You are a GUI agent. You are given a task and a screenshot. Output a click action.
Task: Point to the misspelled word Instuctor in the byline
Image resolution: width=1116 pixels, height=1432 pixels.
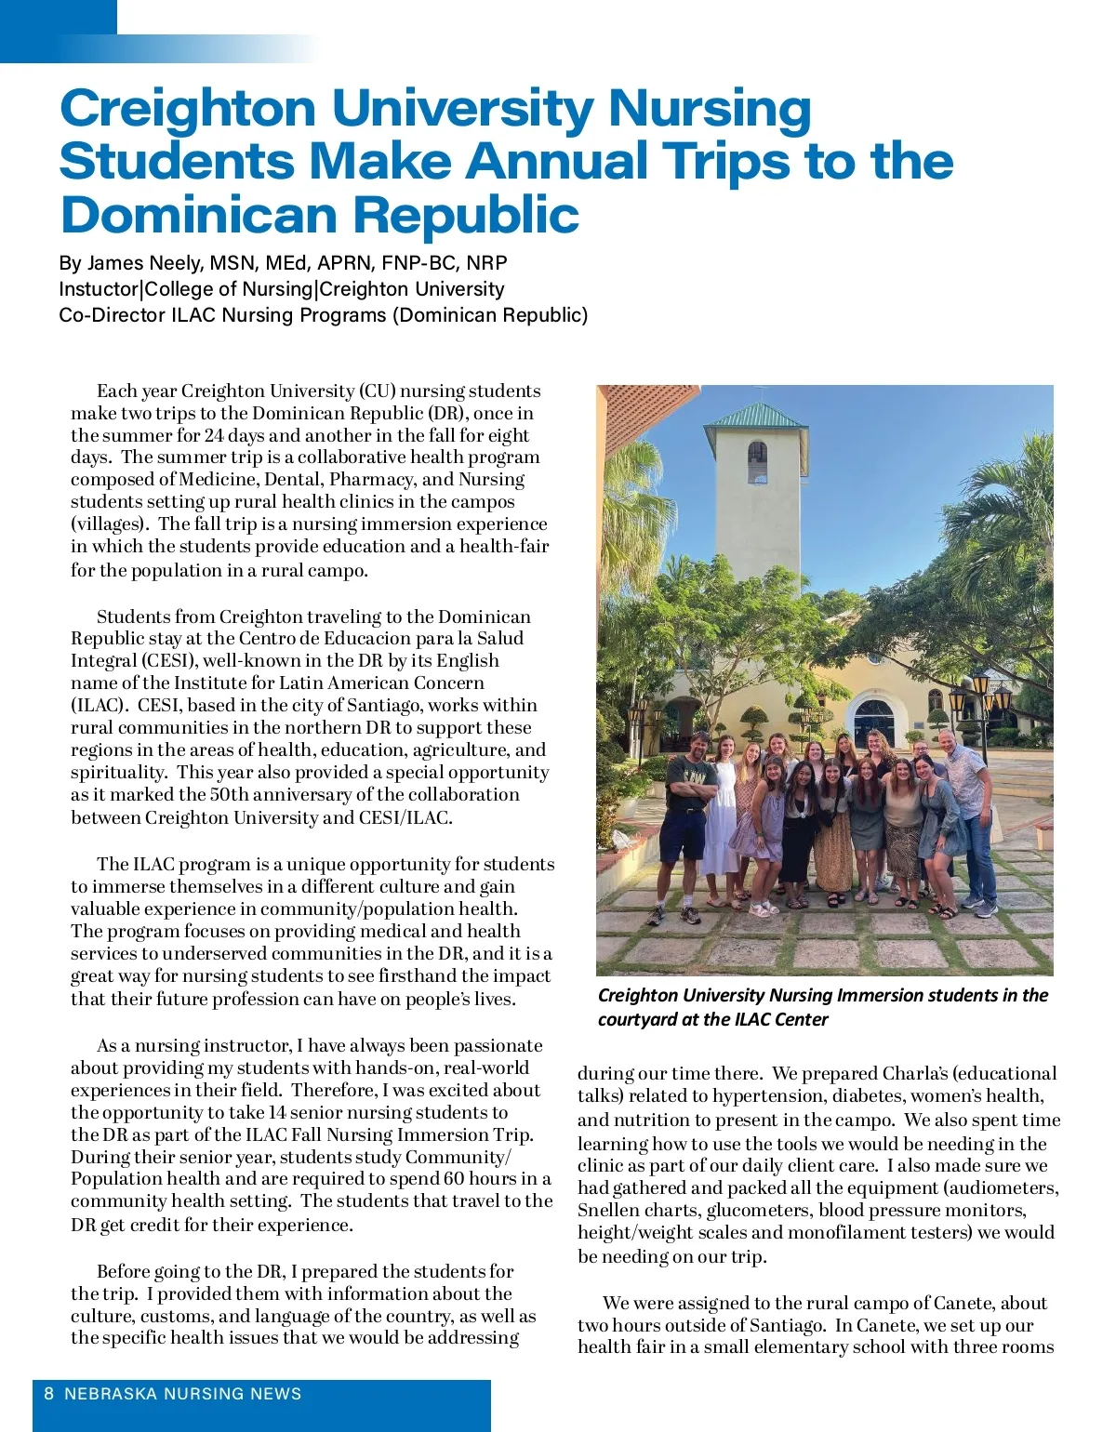point(97,289)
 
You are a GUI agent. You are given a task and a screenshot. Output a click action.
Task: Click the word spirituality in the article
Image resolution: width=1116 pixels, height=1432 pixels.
point(117,773)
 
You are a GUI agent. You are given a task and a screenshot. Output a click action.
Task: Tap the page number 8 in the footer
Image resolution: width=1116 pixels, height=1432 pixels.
point(49,1394)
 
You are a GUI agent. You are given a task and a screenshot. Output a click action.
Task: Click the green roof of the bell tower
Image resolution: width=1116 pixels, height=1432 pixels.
point(755,416)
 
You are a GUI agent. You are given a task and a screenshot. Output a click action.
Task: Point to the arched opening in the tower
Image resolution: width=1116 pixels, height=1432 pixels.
point(757,460)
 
